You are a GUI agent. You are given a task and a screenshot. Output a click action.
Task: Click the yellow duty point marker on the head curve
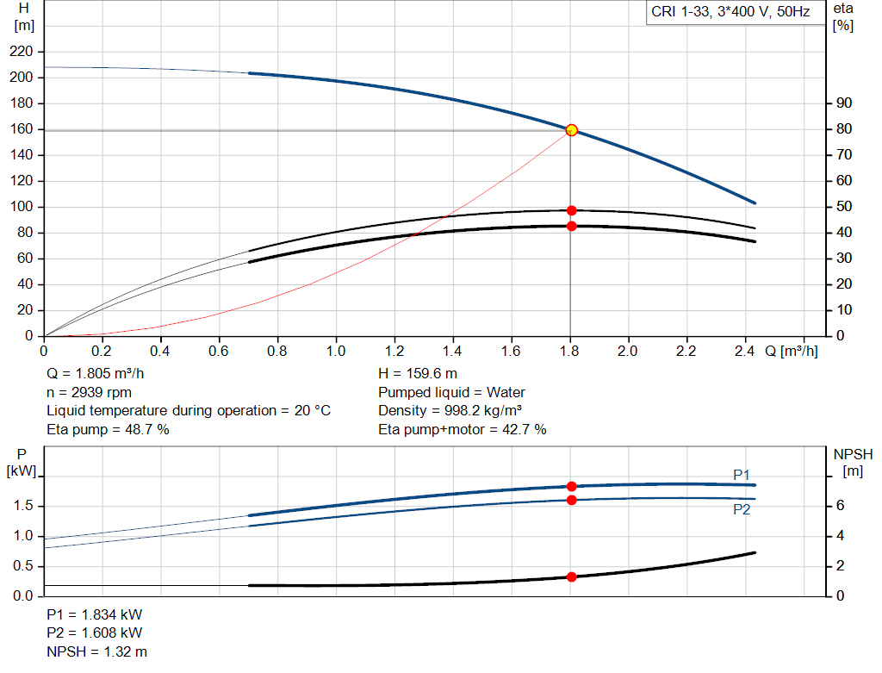[571, 130]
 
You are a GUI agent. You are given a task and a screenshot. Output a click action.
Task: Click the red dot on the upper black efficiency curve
[571, 210]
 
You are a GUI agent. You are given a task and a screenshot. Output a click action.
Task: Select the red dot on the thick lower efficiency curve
[571, 226]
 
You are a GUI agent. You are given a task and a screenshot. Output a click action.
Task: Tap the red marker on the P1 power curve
[571, 486]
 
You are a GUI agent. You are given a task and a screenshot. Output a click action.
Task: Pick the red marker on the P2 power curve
[571, 500]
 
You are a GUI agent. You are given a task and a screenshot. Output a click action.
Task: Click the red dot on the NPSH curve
[571, 576]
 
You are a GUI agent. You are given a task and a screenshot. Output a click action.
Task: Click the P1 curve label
[742, 475]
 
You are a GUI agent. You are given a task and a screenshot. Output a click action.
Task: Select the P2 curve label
[742, 509]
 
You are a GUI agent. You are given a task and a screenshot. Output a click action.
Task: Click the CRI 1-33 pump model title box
[730, 14]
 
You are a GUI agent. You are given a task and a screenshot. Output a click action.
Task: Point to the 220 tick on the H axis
[22, 52]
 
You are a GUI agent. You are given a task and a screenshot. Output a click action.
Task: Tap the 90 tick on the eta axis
[844, 103]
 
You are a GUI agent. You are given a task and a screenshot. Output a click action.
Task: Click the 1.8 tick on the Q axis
[569, 351]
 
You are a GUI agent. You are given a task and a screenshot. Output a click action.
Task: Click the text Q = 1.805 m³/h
[96, 375]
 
